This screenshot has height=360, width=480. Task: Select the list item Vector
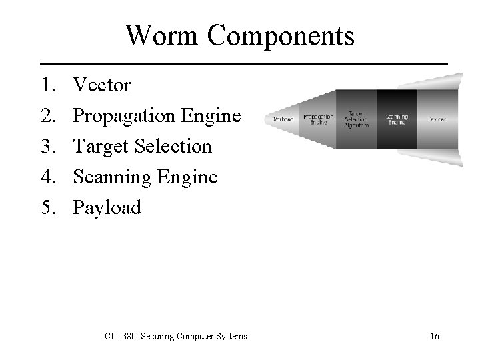102,85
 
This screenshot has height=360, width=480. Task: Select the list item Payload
107,208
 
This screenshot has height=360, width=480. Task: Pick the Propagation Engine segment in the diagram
318,119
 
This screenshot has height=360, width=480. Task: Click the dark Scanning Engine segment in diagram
397,119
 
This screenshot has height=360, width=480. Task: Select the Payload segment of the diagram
437,119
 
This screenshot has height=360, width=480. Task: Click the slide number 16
434,336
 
